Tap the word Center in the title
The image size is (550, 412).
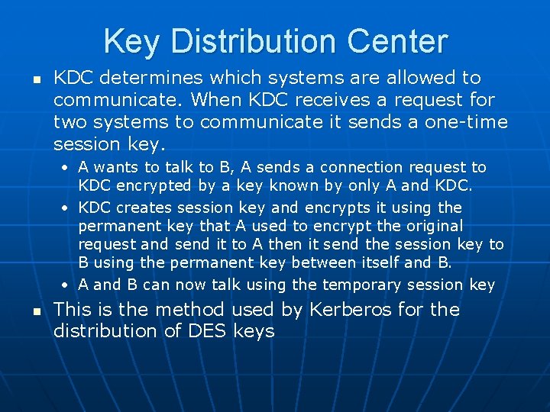click(x=400, y=41)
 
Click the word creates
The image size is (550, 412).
click(x=146, y=208)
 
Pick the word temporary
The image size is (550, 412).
click(x=357, y=285)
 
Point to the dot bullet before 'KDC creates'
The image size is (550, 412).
click(x=69, y=208)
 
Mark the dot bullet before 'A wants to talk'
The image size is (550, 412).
click(x=69, y=168)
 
